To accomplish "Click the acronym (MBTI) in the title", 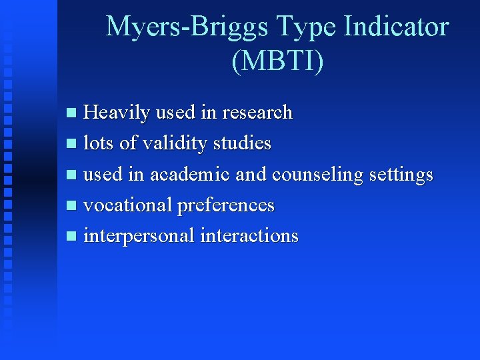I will (277, 61).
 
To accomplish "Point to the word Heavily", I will (117, 113).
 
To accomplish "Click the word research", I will (257, 113).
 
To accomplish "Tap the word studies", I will (243, 143).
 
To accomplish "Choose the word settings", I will (401, 175).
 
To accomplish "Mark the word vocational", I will (127, 205).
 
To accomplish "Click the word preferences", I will (225, 205).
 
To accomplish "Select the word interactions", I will (249, 236).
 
